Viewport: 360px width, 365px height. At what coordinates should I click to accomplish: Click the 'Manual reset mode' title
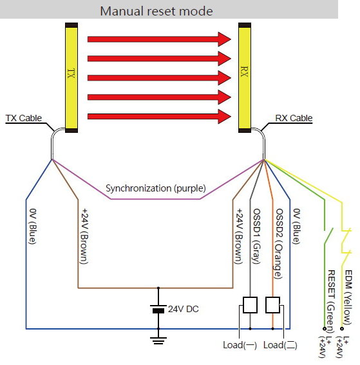click(x=156, y=11)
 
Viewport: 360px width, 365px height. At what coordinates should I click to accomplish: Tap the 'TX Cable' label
click(x=24, y=118)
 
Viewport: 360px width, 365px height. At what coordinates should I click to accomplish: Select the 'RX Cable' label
click(x=294, y=118)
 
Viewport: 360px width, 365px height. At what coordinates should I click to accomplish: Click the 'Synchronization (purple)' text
click(x=156, y=188)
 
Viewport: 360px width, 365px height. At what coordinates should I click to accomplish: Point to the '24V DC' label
click(x=183, y=309)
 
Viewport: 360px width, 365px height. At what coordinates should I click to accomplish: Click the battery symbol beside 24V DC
click(x=158, y=309)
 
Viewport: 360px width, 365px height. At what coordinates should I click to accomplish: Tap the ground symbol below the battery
click(x=158, y=340)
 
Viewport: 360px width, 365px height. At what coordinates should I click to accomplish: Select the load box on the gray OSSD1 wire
click(x=250, y=305)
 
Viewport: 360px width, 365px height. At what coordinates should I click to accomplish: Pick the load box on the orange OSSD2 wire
click(x=272, y=305)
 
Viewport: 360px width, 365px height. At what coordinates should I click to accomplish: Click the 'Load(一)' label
click(x=240, y=345)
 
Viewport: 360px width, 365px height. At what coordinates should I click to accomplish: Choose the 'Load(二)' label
click(x=280, y=345)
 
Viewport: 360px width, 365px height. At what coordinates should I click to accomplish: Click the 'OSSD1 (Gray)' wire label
click(x=256, y=236)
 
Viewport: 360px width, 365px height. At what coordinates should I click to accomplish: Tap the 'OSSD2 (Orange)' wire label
click(x=279, y=244)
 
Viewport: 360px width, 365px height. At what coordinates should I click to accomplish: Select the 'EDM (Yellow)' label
click(x=348, y=297)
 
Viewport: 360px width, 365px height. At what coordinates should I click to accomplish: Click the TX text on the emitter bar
click(x=71, y=74)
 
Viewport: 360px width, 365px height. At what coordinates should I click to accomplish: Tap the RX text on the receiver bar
click(x=245, y=72)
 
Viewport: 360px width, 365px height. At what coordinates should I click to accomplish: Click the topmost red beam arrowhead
click(x=224, y=39)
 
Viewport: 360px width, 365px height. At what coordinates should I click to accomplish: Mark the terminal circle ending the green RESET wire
click(x=325, y=329)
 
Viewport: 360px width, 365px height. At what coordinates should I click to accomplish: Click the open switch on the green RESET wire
click(x=328, y=236)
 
